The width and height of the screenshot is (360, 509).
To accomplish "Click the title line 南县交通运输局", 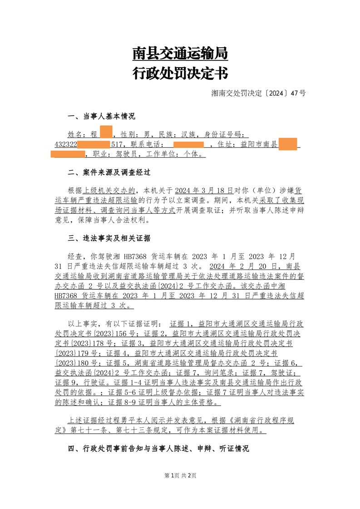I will point(180,54).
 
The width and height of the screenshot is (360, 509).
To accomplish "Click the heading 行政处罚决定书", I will point(180,73).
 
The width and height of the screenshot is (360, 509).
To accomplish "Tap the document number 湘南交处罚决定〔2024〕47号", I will point(258,93).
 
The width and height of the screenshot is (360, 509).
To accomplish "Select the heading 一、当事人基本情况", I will point(101,117).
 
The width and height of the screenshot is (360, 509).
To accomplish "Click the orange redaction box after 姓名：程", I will point(106,134).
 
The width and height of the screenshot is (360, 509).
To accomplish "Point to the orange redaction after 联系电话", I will point(188,145).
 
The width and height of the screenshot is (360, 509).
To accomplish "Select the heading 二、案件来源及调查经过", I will point(109,173).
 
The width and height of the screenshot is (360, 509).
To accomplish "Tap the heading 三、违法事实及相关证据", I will point(109,238).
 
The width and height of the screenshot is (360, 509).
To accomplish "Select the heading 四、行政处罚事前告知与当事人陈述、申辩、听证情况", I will point(158,449).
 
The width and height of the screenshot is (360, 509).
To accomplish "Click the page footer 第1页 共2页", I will point(180,475).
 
